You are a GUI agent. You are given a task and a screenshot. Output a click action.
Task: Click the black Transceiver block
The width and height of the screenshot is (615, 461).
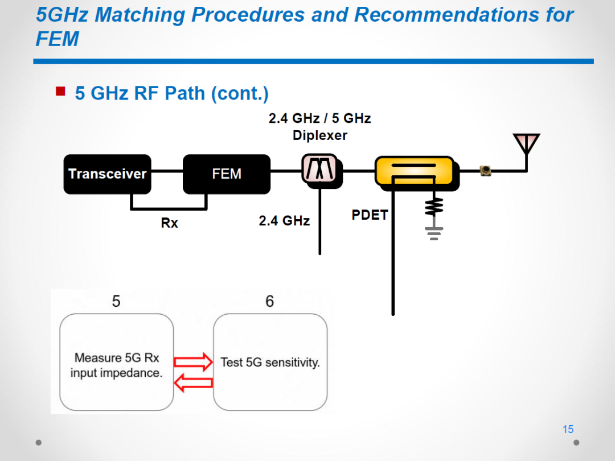tap(107, 174)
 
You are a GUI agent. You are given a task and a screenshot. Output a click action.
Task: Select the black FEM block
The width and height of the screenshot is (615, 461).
tap(227, 174)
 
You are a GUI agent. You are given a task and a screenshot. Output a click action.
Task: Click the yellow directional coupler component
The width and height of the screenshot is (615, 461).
tap(416, 172)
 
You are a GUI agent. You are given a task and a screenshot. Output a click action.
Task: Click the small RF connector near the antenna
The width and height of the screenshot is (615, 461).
tap(486, 171)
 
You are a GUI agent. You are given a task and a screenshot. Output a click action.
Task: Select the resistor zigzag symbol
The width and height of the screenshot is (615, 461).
tap(434, 207)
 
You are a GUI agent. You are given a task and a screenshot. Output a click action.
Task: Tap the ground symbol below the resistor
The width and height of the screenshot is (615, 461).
tap(434, 233)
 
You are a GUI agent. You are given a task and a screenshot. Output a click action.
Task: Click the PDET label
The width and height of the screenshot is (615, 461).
tap(370, 215)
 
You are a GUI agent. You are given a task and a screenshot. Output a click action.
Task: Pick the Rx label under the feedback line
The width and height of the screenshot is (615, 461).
tap(170, 223)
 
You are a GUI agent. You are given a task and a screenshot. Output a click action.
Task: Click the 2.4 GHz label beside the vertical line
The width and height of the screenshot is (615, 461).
tap(284, 221)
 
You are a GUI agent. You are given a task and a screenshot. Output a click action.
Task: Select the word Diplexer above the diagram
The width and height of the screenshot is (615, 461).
tap(319, 135)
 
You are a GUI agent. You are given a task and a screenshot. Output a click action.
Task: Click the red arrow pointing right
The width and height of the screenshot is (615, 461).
tap(193, 362)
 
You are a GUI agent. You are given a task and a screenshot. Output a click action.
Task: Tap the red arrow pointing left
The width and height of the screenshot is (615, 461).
tap(193, 382)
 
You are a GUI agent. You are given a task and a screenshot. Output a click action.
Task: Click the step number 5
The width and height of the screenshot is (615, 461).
tap(116, 302)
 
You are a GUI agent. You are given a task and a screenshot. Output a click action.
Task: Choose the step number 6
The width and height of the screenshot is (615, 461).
tap(269, 302)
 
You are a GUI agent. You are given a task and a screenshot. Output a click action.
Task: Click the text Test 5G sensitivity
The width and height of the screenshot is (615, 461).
tap(270, 362)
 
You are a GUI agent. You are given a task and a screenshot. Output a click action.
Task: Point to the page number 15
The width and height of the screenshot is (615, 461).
tap(568, 429)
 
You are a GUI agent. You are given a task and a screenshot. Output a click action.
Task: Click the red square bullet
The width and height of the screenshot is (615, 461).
tap(60, 91)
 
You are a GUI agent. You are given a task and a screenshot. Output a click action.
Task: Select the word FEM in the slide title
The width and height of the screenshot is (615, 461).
tap(58, 39)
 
